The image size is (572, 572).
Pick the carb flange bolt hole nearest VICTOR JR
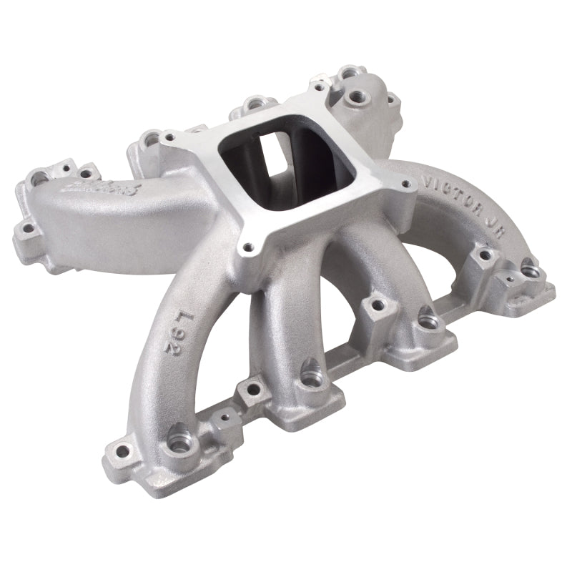pyautogui.click(x=407, y=184)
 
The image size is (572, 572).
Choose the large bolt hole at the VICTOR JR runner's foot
pyautogui.click(x=530, y=270)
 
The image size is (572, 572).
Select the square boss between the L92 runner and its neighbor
pyautogui.click(x=251, y=390)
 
